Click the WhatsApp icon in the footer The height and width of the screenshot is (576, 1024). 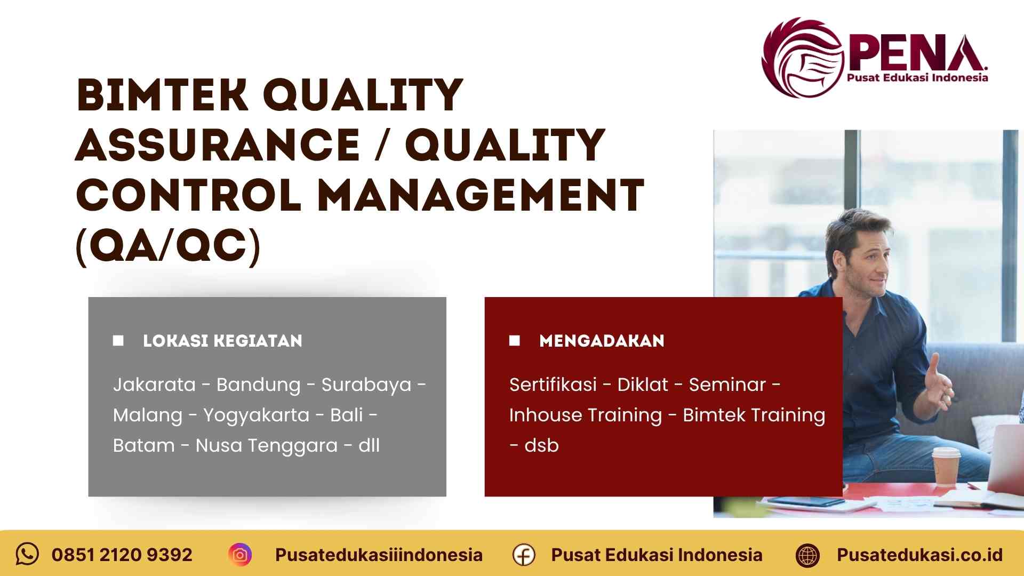point(27,554)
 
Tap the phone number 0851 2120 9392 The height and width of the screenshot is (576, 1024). point(122,555)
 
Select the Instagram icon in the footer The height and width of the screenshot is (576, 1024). point(240,555)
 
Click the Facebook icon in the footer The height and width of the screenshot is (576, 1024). point(524,555)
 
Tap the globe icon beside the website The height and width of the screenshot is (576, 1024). point(807,555)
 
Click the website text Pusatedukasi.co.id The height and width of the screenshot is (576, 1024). point(919,555)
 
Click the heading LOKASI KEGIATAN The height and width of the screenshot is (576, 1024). point(222,341)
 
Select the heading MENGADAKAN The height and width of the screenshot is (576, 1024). point(602,341)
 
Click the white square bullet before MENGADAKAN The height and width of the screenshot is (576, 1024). point(515,340)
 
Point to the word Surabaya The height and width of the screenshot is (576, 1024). point(366,385)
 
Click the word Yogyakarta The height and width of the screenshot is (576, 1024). point(256,415)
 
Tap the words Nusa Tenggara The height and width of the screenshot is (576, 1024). point(267,445)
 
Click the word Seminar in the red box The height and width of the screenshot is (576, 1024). point(727,385)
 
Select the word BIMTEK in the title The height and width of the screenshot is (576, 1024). point(162,95)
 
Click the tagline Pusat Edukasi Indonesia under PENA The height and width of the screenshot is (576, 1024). point(917,78)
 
